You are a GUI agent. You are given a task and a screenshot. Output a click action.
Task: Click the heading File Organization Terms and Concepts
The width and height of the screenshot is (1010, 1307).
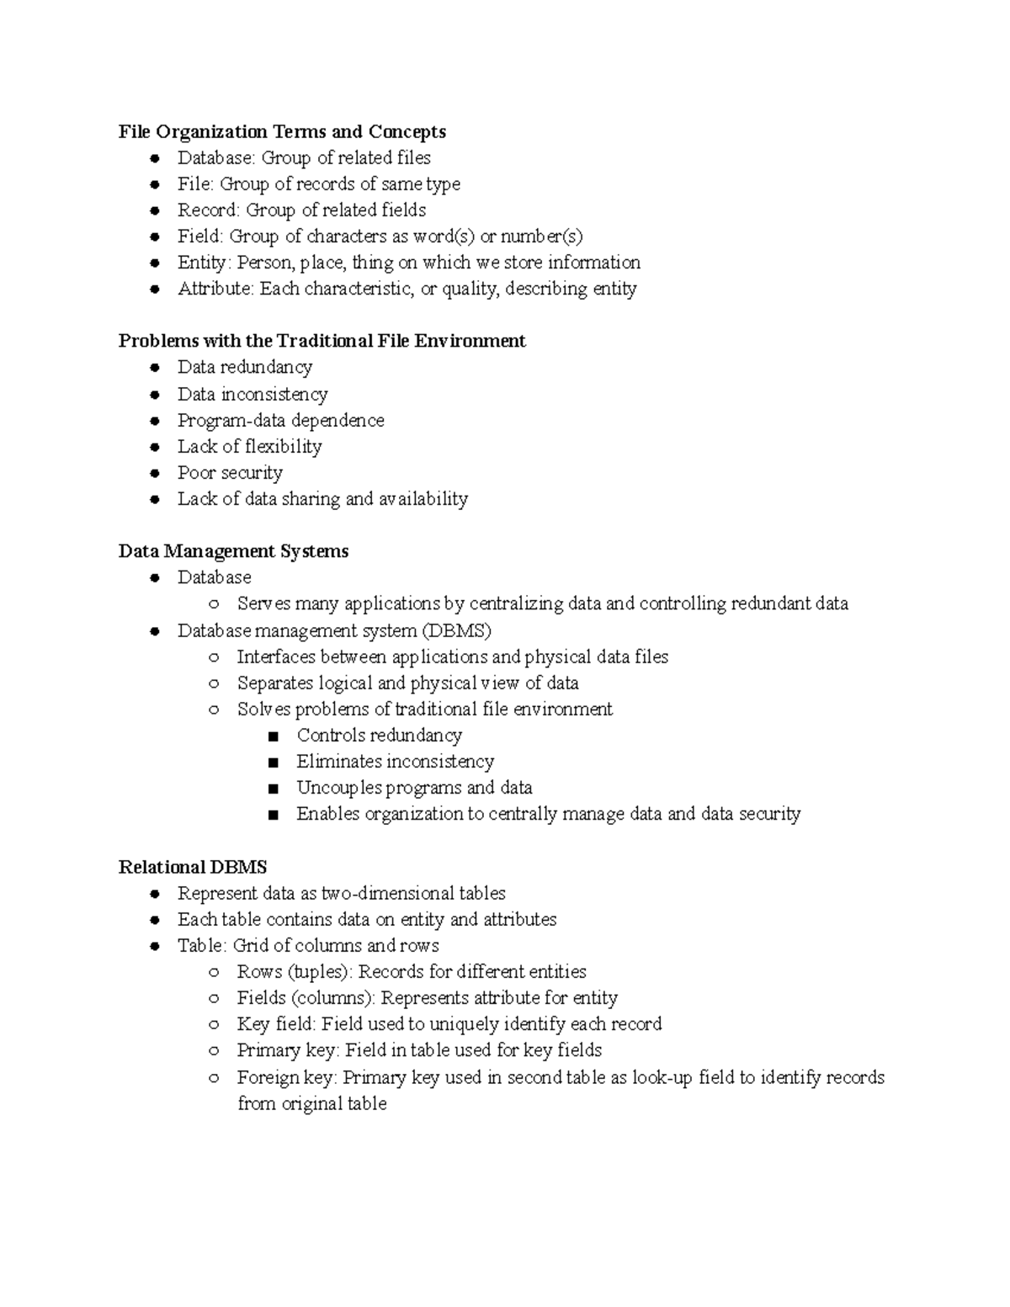tap(282, 132)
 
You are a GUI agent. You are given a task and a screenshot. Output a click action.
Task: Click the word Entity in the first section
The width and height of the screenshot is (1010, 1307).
tap(201, 263)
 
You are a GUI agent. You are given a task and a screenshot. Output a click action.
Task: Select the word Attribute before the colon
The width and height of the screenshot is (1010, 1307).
tap(215, 289)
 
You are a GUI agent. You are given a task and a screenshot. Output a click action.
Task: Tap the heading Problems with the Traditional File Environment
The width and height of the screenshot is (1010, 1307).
tap(322, 341)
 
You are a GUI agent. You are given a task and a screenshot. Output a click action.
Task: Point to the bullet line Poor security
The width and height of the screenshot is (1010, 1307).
tap(230, 473)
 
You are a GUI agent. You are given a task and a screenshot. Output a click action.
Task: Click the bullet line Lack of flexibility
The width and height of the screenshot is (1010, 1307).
tap(249, 447)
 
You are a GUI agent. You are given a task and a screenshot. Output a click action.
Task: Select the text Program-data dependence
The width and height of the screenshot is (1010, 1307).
tap(280, 421)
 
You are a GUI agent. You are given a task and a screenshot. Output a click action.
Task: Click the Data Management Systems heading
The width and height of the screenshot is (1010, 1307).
tap(233, 551)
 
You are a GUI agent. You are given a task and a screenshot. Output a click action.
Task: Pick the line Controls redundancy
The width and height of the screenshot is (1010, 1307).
tap(379, 736)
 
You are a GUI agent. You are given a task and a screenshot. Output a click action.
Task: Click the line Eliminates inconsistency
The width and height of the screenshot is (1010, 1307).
tap(395, 762)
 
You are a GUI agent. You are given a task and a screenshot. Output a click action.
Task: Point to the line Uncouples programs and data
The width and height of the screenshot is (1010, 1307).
tap(414, 788)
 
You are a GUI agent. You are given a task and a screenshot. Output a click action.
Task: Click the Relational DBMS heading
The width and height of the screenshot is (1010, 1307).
tap(193, 868)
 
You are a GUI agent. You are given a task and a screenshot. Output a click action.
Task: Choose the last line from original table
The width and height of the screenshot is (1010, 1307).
tap(311, 1104)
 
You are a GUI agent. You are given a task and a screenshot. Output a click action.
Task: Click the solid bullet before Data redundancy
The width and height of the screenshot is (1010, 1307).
tap(154, 368)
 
